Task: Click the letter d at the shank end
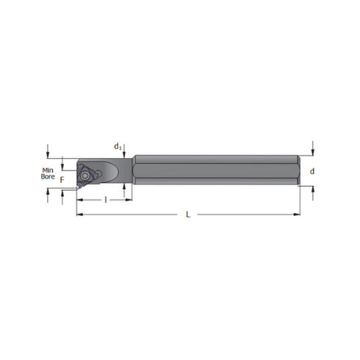(x=313, y=171)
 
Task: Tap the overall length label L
(x=188, y=215)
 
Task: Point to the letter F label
(x=62, y=179)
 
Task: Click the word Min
(x=46, y=170)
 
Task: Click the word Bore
(x=47, y=178)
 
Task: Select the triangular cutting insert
(x=85, y=175)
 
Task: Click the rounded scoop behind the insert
(x=110, y=172)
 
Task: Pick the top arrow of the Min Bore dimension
(x=49, y=154)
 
